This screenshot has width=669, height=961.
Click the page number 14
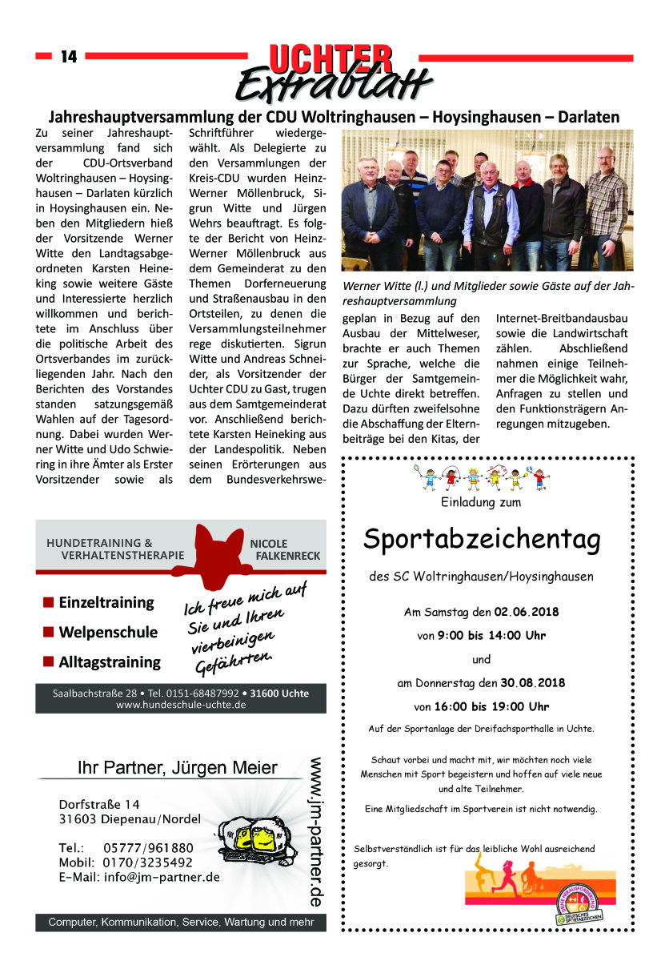(x=68, y=57)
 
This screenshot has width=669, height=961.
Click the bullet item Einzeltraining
(x=106, y=602)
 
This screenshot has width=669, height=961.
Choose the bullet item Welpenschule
(x=108, y=632)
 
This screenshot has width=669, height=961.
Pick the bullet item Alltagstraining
(x=110, y=662)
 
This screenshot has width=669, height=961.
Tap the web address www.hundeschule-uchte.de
(x=181, y=705)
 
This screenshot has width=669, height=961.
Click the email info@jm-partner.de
(x=162, y=877)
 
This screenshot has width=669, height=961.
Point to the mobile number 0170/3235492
(x=148, y=862)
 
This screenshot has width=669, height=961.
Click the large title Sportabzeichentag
(x=481, y=540)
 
